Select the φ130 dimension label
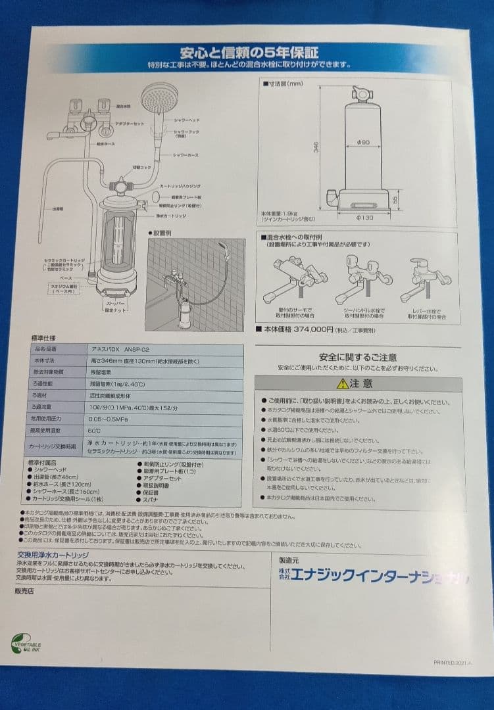coord(364,217)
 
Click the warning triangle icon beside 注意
coord(342,383)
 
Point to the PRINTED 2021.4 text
coord(453,663)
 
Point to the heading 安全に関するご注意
coord(358,357)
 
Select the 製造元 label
coord(289,559)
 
